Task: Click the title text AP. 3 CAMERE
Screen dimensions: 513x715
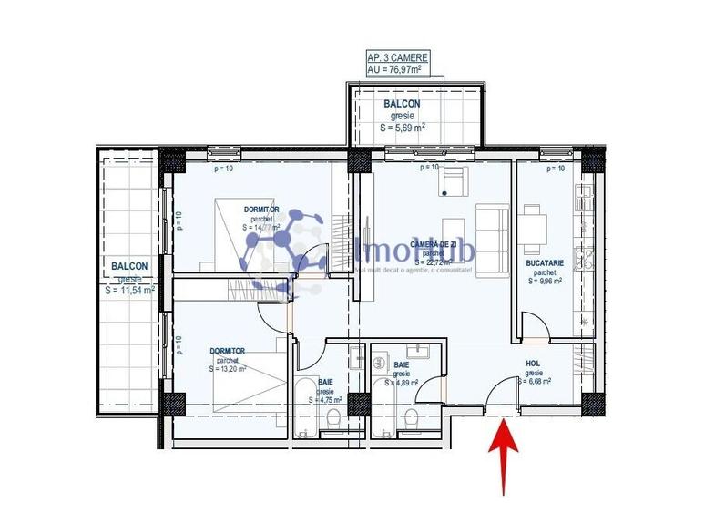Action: click(x=397, y=56)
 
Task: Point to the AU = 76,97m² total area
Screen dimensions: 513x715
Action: click(x=397, y=68)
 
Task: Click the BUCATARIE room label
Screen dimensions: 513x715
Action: click(x=545, y=262)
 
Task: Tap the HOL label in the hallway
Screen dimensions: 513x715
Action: click(x=533, y=363)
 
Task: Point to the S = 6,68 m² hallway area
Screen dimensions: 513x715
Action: click(x=537, y=383)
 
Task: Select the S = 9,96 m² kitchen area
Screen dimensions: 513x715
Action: click(x=545, y=282)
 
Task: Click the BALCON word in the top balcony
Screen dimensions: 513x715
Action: click(x=402, y=105)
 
